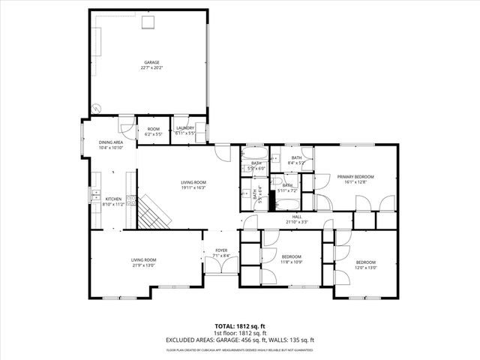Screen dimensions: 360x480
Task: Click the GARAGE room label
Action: point(152,62)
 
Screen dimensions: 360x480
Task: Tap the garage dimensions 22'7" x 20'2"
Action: point(152,68)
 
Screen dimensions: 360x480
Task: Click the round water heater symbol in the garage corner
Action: point(95,108)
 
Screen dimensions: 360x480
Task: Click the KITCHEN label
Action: point(113,199)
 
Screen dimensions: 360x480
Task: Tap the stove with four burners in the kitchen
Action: point(130,200)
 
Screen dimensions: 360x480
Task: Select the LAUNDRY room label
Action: point(185,128)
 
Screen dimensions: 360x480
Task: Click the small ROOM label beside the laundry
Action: point(153,129)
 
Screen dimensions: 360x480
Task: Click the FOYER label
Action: point(221,250)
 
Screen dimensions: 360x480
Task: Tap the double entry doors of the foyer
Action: point(220,274)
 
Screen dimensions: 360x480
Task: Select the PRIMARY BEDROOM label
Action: point(355,176)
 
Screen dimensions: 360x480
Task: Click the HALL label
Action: point(297,216)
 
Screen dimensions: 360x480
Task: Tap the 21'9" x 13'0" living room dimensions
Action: point(145,265)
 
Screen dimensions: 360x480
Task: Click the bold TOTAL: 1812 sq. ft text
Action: point(239,326)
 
